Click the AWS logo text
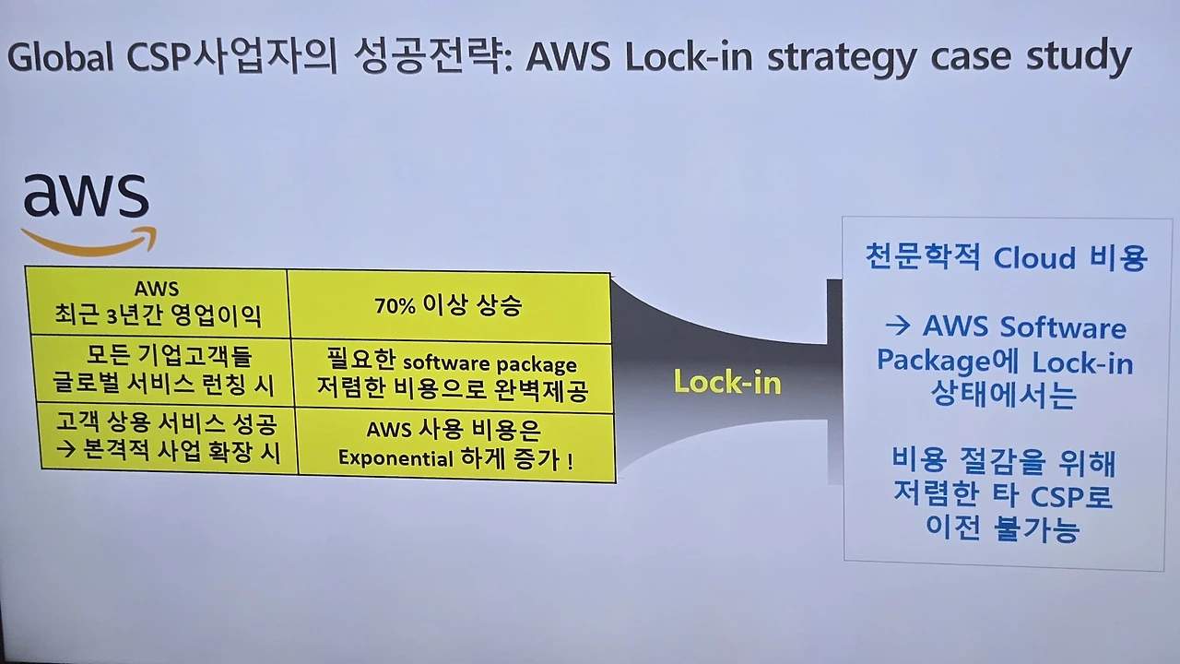coord(86,196)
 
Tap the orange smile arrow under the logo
coord(89,243)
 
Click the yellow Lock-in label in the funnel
coord(727,381)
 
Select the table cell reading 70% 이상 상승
coord(448,306)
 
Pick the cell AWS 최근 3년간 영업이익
coord(157,304)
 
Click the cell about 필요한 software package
coord(452,376)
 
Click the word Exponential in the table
coord(395,458)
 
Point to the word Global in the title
coord(61,57)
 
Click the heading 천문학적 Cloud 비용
coord(1006,258)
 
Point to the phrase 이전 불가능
coord(1002,529)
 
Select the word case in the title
coord(973,57)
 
